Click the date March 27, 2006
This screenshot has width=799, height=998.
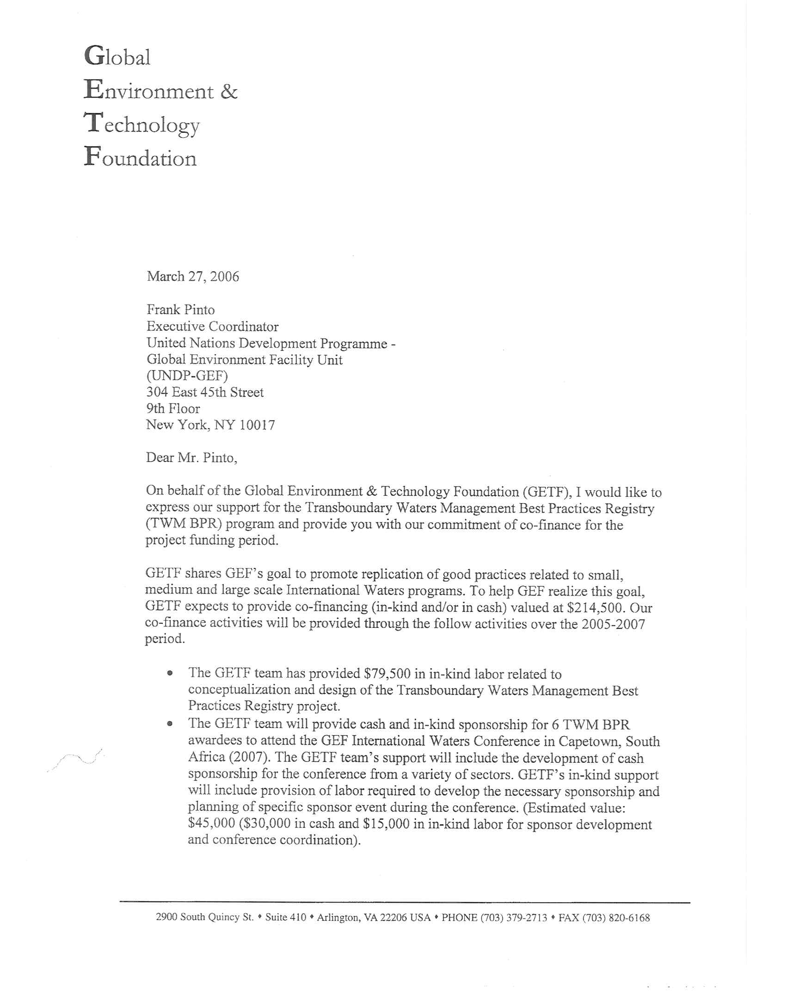click(193, 276)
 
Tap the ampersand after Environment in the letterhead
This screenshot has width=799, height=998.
click(228, 91)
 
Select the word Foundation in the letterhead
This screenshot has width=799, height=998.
click(141, 158)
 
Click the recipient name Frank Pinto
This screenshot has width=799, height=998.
click(181, 309)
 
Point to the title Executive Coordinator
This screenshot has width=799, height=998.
click(213, 326)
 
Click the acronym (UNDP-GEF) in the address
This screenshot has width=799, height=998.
click(187, 376)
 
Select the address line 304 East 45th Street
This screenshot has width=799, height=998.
click(205, 392)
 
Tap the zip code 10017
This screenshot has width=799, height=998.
click(257, 425)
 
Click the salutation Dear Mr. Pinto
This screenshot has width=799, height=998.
click(191, 457)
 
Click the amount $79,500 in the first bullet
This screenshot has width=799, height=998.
click(387, 674)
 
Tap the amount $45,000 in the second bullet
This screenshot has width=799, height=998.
click(212, 823)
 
